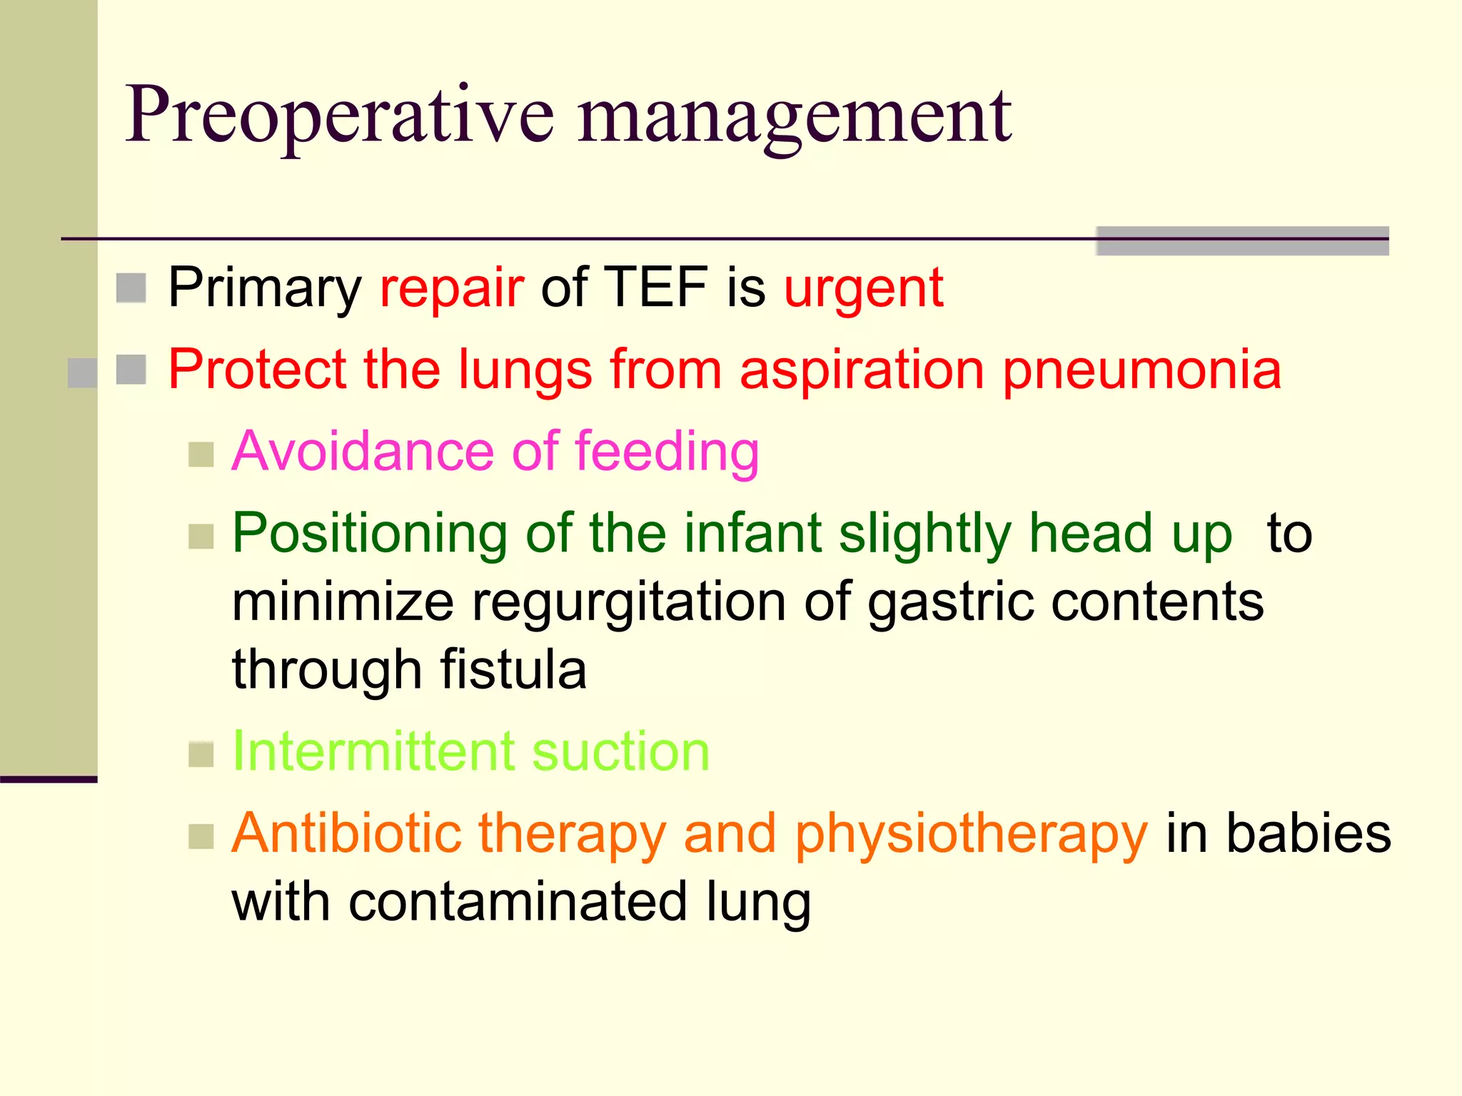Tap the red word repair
452,288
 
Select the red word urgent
864,288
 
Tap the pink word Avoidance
363,452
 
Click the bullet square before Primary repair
131,288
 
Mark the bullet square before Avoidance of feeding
201,455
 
